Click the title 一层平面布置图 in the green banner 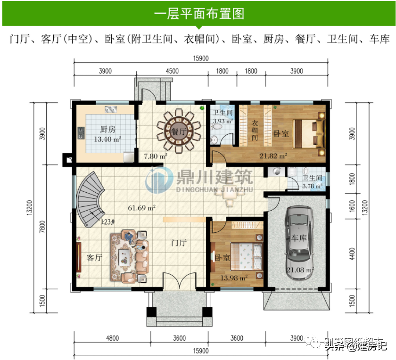click(198, 13)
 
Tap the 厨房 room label click(107, 130)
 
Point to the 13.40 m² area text click(107, 139)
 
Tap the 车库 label click(299, 238)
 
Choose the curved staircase click(92, 198)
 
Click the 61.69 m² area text click(141, 207)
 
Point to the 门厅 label click(179, 243)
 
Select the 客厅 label click(95, 257)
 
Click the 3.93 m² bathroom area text click(222, 121)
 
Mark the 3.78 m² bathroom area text click(312, 186)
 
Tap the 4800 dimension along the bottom click(112, 338)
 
